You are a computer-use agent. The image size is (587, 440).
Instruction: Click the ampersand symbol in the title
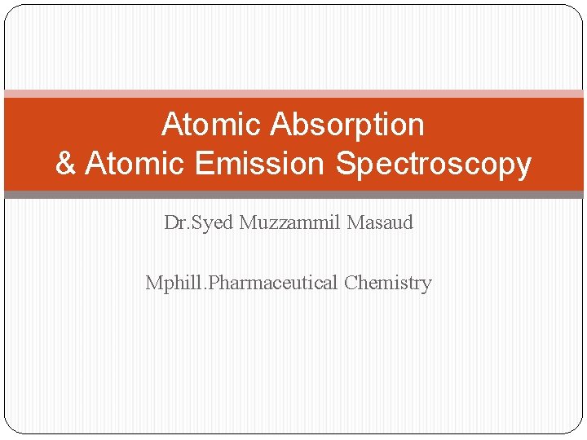66,164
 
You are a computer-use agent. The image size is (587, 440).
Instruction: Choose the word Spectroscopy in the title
434,165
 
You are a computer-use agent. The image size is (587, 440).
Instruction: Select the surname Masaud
380,222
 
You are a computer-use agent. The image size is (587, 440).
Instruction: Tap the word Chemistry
387,284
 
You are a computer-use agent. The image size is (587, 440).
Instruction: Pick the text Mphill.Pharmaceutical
241,284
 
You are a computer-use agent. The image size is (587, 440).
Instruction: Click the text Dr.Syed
199,222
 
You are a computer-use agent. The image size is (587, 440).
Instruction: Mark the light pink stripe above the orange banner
293,94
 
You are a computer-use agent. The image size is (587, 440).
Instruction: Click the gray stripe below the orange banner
293,195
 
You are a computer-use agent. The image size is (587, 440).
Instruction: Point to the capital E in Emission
204,164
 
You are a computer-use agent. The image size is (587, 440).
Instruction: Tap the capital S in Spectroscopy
345,164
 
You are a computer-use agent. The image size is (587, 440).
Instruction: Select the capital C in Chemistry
351,283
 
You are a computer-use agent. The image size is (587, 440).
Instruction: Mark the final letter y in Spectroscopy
523,165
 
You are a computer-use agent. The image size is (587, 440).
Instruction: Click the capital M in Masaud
355,222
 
